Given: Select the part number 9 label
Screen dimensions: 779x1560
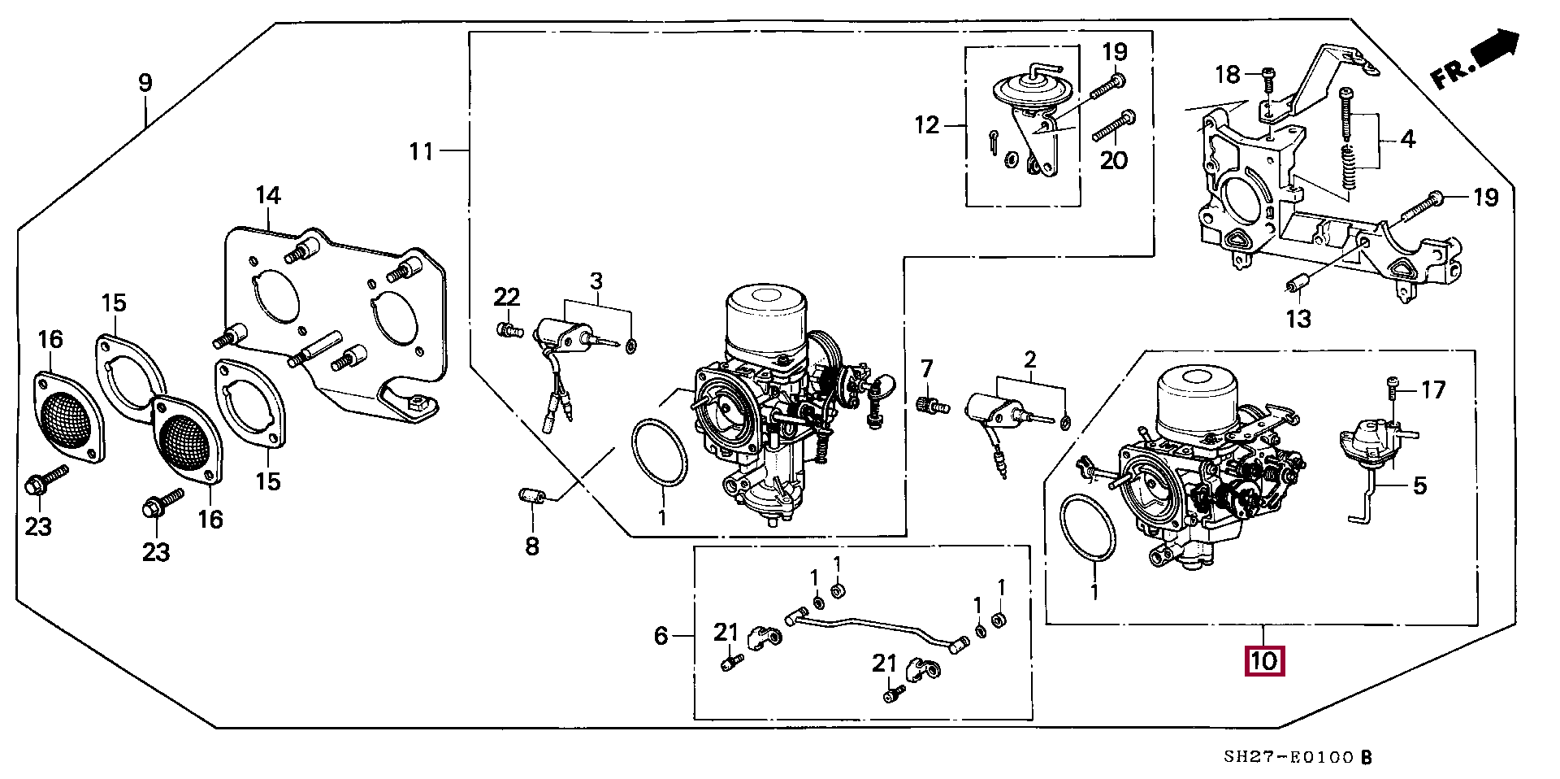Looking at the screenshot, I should [x=145, y=82].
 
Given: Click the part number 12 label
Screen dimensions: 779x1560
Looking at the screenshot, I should [x=926, y=125].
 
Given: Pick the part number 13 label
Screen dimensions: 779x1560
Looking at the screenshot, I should [x=1298, y=319].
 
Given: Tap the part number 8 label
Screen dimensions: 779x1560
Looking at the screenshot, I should [x=531, y=546].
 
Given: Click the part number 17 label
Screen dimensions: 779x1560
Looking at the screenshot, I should [x=1434, y=390].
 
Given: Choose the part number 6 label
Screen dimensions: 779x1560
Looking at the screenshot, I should [x=661, y=636].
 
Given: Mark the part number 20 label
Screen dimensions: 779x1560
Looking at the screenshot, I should [x=1114, y=159].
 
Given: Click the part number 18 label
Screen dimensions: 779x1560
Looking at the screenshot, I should [x=1228, y=75].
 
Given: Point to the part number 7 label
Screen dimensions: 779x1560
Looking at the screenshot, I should [x=927, y=368].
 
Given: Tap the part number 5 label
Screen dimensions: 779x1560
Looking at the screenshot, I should [x=1419, y=486].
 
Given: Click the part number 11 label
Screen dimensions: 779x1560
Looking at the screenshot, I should [x=421, y=151].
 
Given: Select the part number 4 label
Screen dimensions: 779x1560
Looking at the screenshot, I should [x=1408, y=139].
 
